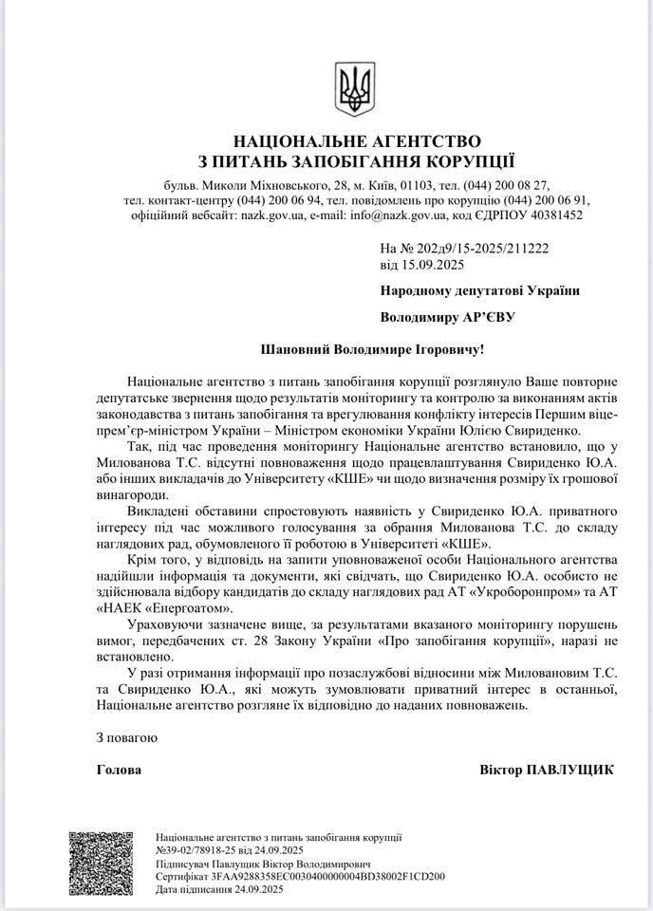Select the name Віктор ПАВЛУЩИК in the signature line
pos(547,770)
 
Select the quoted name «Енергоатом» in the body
pos(189,606)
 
